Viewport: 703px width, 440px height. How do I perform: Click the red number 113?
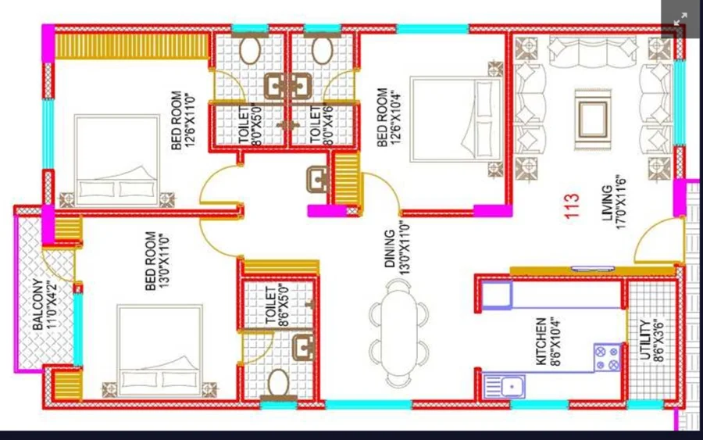pos(573,206)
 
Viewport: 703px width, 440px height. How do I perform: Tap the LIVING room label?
pos(607,203)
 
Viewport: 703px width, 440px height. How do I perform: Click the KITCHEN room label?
pos(541,342)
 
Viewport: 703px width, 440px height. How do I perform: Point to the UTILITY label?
pos(645,339)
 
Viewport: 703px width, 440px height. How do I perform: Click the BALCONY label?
pos(38,305)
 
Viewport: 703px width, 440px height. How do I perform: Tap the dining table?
pos(398,333)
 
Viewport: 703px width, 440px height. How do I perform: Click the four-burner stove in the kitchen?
pos(608,357)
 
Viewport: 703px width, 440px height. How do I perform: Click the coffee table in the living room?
pos(593,120)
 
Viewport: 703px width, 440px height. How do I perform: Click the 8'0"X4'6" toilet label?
pos(322,124)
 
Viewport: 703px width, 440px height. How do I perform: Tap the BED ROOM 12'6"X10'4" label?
pos(388,117)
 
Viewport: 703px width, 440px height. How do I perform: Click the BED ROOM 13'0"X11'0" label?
pos(157,260)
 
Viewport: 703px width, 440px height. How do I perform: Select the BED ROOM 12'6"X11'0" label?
pos(183,120)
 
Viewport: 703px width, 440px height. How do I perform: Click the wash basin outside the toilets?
pos(317,180)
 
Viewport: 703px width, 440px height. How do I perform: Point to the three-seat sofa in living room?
pos(593,52)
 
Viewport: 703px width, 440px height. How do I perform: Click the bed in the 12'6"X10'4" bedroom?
pos(456,119)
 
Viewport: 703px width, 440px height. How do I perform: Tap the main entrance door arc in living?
pos(659,240)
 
